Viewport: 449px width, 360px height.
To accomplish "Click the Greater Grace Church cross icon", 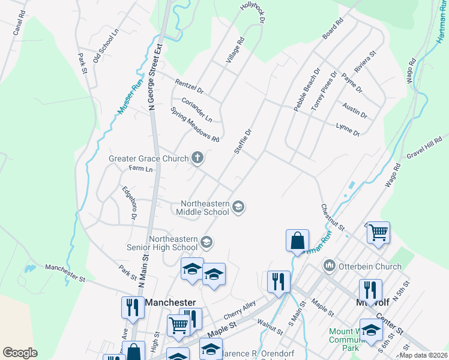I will pyautogui.click(x=197, y=158).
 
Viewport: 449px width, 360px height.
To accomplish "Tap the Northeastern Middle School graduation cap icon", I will pyautogui.click(x=238, y=207).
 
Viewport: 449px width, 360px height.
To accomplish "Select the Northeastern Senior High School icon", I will pyautogui.click(x=206, y=242).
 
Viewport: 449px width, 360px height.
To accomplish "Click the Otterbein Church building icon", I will pyautogui.click(x=329, y=265).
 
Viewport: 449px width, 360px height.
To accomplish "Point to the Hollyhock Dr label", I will pyautogui.click(x=252, y=12).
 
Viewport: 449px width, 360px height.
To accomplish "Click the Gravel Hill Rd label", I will pyautogui.click(x=424, y=154).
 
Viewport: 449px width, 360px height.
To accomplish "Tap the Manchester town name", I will pyautogui.click(x=170, y=302).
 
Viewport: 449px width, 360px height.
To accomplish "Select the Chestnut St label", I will pyautogui.click(x=332, y=217).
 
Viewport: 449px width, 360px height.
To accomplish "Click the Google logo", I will pyautogui.click(x=20, y=353).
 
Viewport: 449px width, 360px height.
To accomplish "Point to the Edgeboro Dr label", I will pyautogui.click(x=130, y=203).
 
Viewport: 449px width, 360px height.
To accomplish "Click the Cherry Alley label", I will pyautogui.click(x=240, y=311).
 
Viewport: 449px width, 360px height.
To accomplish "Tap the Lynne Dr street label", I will pyautogui.click(x=348, y=129).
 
